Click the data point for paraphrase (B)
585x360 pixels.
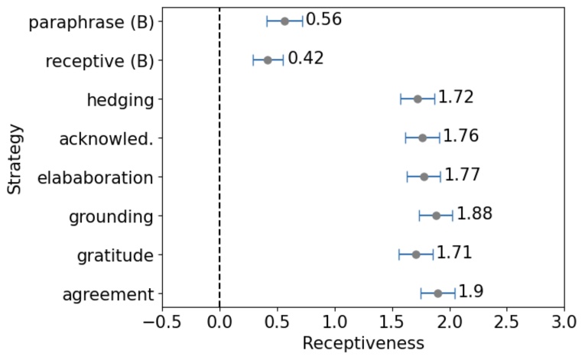click(x=284, y=21)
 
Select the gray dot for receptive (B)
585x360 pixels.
click(x=268, y=60)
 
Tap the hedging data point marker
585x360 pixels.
click(x=418, y=99)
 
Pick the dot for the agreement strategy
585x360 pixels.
click(x=438, y=294)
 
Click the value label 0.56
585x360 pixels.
click(x=323, y=20)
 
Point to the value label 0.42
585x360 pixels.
click(x=306, y=59)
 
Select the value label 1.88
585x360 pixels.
click(x=475, y=214)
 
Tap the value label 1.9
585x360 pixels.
click(x=470, y=292)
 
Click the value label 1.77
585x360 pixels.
click(x=462, y=175)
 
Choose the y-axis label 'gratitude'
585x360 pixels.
click(x=115, y=255)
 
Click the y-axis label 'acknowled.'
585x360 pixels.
click(x=106, y=139)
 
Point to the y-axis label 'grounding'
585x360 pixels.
click(x=111, y=217)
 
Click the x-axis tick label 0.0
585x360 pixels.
click(x=219, y=319)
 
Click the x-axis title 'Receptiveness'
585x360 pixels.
click(x=362, y=344)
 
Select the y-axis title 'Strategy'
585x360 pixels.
click(x=15, y=158)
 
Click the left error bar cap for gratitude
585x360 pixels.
click(x=399, y=255)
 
